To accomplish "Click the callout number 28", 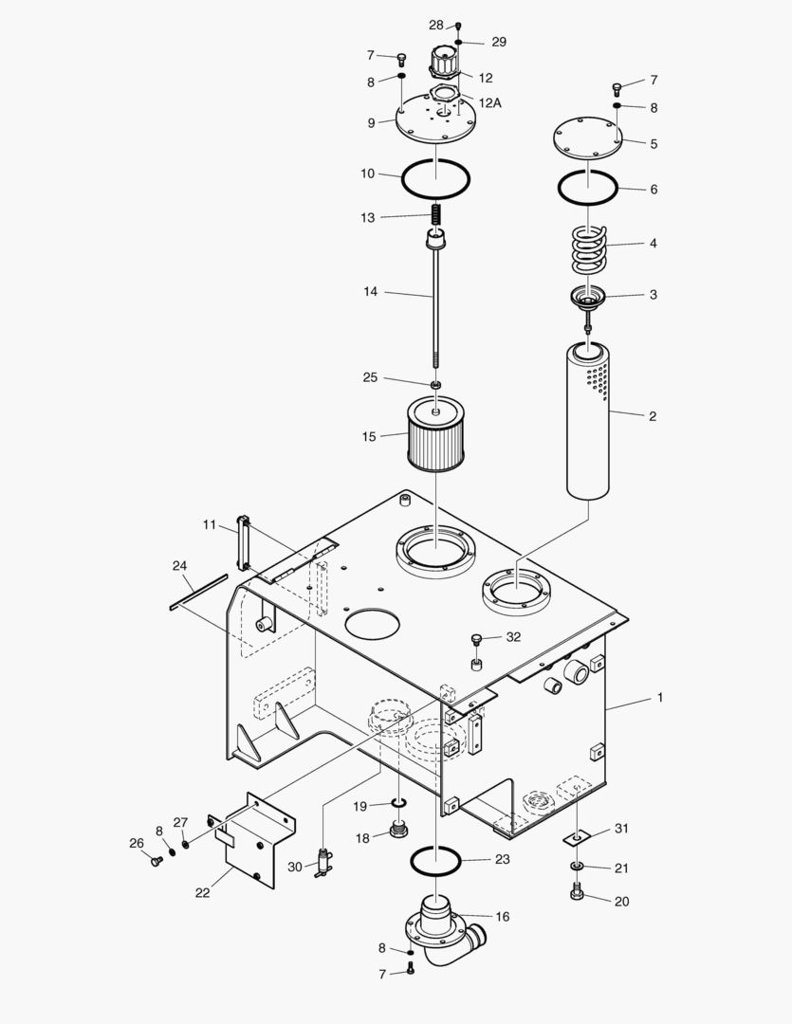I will (435, 25).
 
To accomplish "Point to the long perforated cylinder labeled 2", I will (589, 422).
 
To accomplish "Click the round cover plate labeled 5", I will (587, 137).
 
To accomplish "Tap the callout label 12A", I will (489, 102).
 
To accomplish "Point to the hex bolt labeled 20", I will (578, 893).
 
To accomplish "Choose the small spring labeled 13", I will (436, 216).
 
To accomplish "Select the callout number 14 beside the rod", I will (370, 292).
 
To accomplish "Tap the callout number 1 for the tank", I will (659, 698).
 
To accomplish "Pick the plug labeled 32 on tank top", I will (477, 640).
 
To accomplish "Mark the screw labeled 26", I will (156, 861).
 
